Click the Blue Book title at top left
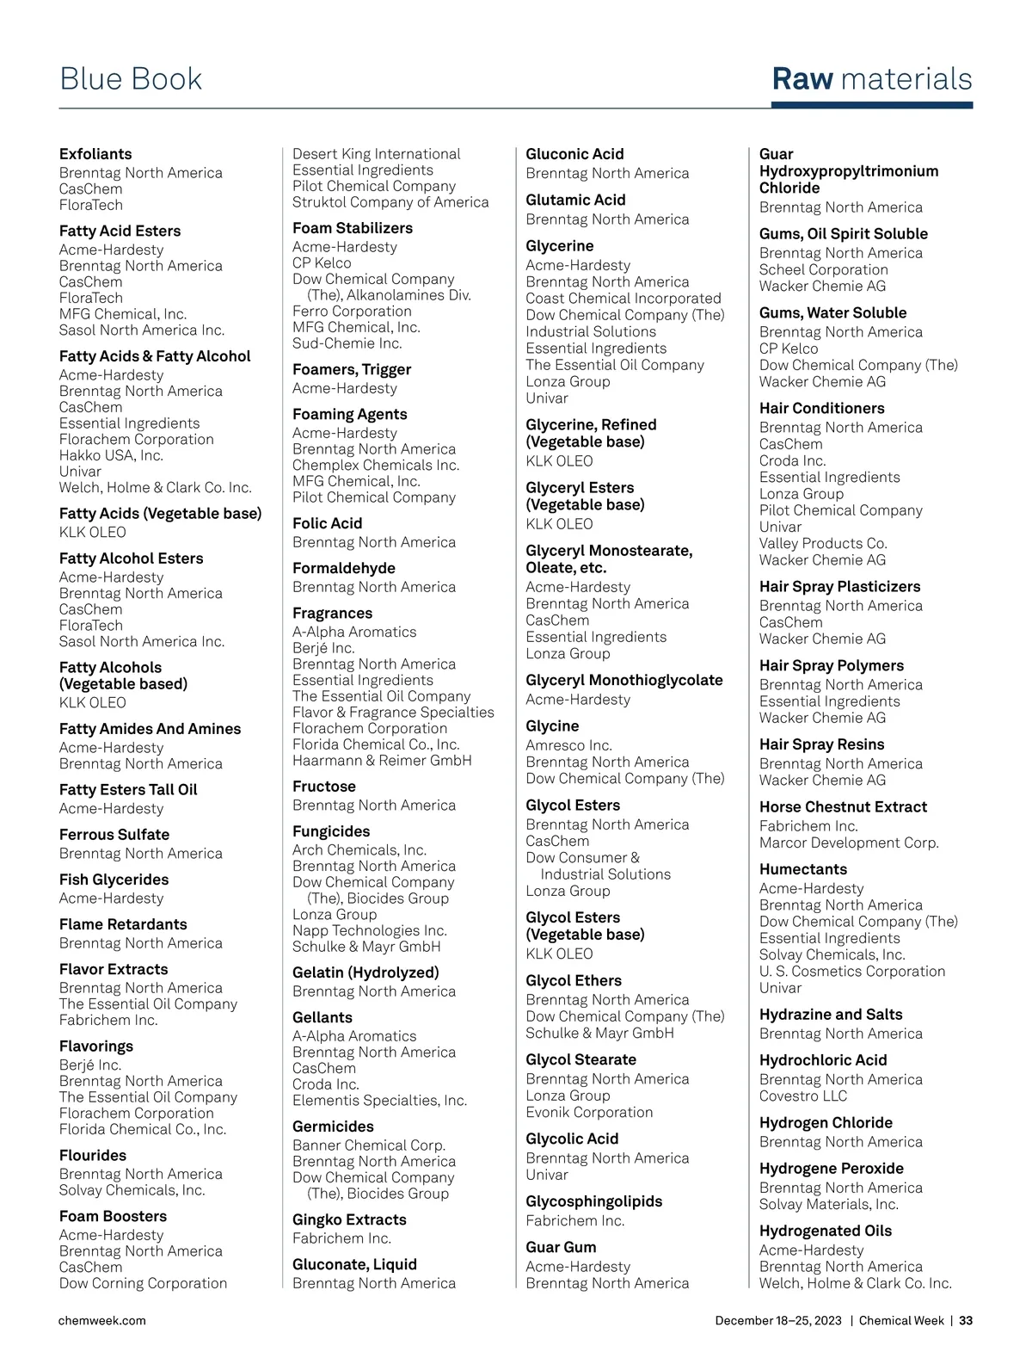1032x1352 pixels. tap(131, 79)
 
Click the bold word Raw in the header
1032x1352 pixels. tap(802, 79)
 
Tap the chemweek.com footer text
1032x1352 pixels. tap(101, 1320)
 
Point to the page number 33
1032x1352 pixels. tap(966, 1320)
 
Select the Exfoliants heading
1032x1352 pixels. tap(95, 154)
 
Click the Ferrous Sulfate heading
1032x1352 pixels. tap(114, 835)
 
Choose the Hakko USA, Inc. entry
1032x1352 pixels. tap(111, 455)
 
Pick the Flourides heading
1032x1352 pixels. tap(93, 1156)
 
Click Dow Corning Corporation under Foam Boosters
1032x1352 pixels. tap(143, 1283)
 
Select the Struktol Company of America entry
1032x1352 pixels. tap(390, 202)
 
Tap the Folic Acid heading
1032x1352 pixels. tap(328, 523)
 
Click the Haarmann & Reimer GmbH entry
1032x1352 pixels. tap(382, 761)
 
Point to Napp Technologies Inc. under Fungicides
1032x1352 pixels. tap(370, 930)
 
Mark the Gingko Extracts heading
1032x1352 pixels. tap(349, 1219)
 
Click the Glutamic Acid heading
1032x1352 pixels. tap(575, 200)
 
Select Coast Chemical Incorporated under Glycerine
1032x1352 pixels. tap(623, 299)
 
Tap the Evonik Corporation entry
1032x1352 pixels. tap(589, 1112)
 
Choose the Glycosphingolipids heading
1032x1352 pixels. tap(594, 1201)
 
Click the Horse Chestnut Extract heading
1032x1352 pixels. tap(843, 807)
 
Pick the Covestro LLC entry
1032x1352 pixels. tap(803, 1096)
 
